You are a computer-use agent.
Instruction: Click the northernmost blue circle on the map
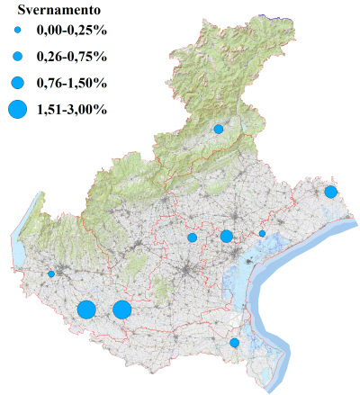218,130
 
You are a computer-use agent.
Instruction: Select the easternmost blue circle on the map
331,192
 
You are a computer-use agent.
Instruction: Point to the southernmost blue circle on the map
235,343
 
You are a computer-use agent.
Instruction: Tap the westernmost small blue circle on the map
51,274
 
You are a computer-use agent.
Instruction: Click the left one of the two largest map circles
86,310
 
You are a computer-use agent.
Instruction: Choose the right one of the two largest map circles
121,310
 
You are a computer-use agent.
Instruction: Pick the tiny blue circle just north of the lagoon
262,234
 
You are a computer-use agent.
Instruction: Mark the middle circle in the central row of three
226,237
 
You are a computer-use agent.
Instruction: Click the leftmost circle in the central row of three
192,238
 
